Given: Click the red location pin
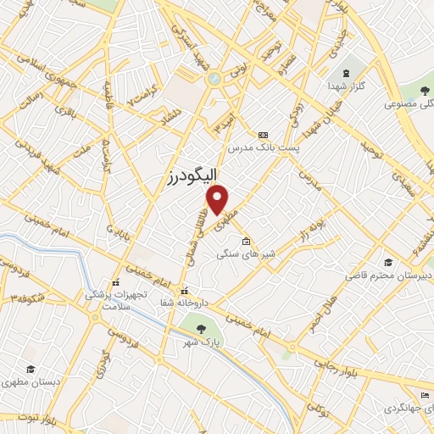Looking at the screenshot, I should tap(219, 200).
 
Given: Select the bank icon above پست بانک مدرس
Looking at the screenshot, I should tap(262, 135).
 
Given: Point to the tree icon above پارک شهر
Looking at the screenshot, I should tap(199, 329).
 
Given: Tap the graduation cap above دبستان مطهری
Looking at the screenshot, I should tap(31, 369).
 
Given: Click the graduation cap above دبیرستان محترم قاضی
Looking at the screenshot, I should tap(387, 262).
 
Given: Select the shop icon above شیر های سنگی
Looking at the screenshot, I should tap(247, 241).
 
